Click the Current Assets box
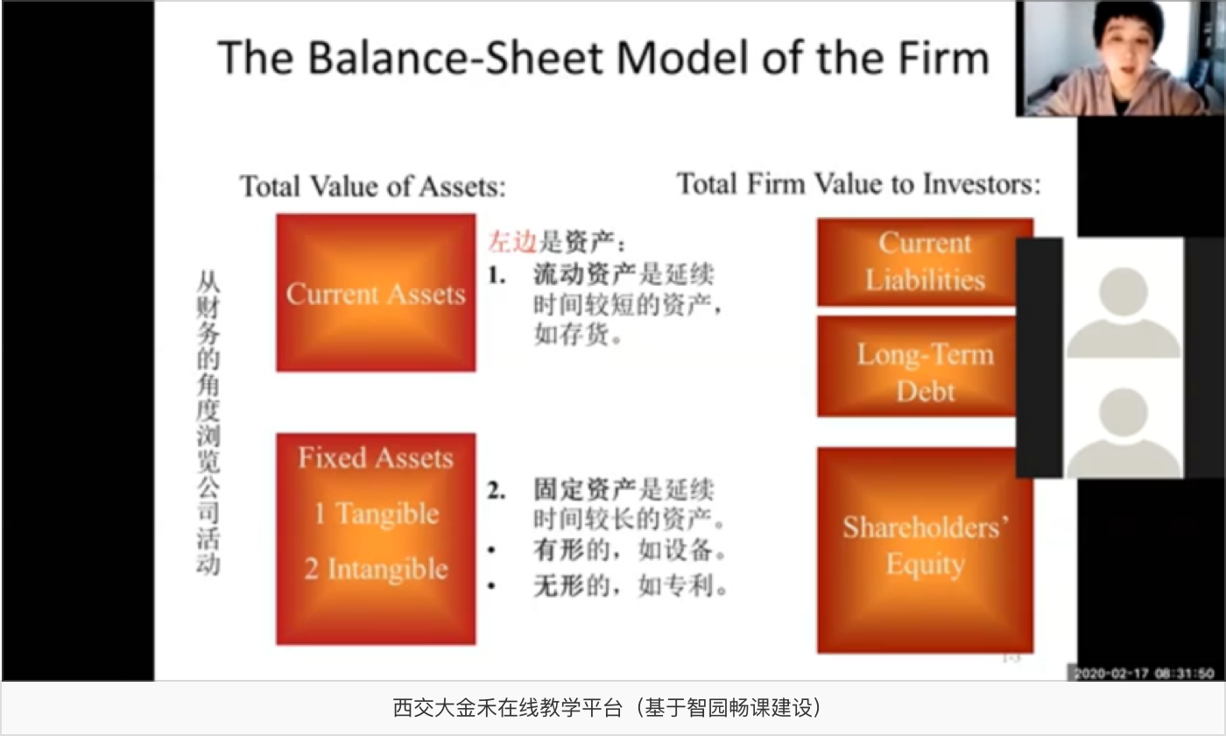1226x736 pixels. point(376,293)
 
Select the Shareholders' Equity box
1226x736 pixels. point(925,550)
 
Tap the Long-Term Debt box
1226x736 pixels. point(917,366)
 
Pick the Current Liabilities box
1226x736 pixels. point(917,262)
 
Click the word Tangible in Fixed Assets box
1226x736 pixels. point(387,513)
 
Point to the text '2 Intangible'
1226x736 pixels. point(377,569)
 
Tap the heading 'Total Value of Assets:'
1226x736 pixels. point(373,186)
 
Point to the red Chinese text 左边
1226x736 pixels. point(511,242)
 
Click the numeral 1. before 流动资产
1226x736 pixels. point(497,275)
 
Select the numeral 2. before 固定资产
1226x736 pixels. point(497,490)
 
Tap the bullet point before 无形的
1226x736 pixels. point(491,586)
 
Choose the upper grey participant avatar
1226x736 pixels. point(1124,312)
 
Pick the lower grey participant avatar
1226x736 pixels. point(1124,433)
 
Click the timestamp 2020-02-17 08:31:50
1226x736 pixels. point(1144,673)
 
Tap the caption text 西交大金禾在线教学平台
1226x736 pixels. point(507,708)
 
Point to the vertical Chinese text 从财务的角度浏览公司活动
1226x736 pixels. point(208,423)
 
